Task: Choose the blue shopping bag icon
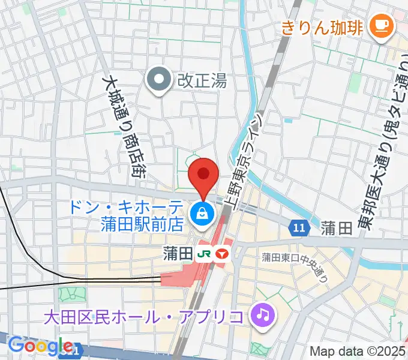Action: click(x=203, y=213)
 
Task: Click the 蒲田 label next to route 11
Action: click(x=335, y=228)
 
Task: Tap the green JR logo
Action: click(x=203, y=254)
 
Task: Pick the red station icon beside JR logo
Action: click(x=223, y=254)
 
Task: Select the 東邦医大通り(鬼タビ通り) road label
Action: click(x=383, y=145)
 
